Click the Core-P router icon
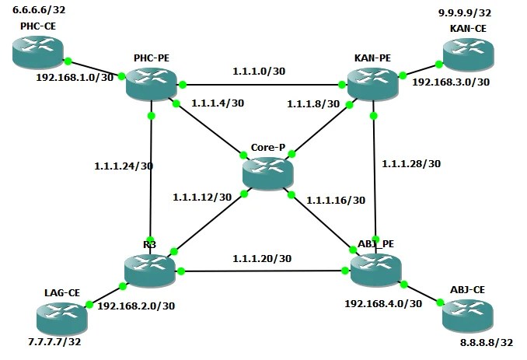pyautogui.click(x=268, y=171)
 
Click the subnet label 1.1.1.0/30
pyautogui.click(x=259, y=72)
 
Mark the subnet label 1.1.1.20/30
pyautogui.click(x=262, y=259)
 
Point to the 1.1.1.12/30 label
pyautogui.click(x=202, y=197)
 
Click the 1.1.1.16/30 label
pyautogui.click(x=336, y=200)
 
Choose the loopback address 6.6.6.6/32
pyautogui.click(x=40, y=10)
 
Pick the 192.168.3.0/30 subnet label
pyautogui.click(x=451, y=81)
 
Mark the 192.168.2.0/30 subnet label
pyautogui.click(x=137, y=306)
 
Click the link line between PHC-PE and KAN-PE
pyautogui.click(x=264, y=84)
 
